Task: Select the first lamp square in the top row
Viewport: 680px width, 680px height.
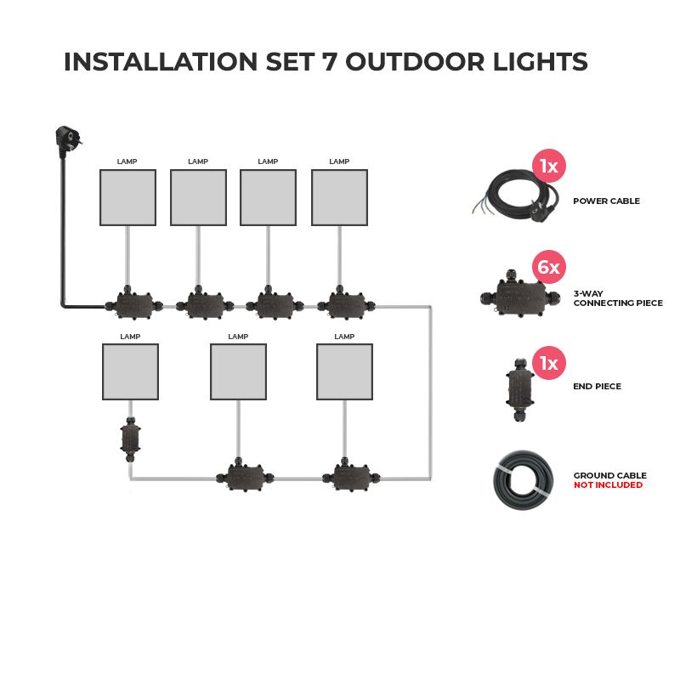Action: [x=127, y=197]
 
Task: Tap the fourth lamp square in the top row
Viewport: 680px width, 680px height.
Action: [x=339, y=197]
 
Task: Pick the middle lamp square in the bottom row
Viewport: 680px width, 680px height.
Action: [x=238, y=371]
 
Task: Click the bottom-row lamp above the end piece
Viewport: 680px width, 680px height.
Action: [x=130, y=371]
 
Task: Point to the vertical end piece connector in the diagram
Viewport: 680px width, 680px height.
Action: [x=130, y=439]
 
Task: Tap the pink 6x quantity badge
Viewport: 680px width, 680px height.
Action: [x=549, y=268]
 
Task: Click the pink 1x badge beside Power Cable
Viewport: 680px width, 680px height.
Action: [x=549, y=166]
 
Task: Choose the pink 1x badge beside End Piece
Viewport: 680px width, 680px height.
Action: [x=549, y=363]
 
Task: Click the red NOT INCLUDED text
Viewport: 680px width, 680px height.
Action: [x=608, y=485]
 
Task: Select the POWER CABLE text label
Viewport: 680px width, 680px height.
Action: [x=606, y=201]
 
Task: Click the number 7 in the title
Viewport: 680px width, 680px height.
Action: [x=329, y=62]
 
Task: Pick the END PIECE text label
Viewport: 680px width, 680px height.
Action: [x=597, y=387]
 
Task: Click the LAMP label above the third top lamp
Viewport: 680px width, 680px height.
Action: [x=268, y=161]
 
